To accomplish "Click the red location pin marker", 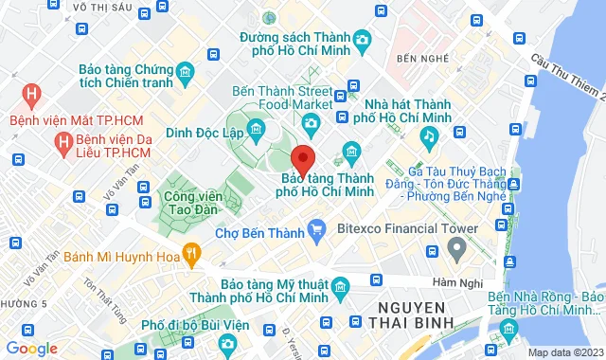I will (x=303, y=158).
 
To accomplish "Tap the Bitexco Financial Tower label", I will (x=406, y=227).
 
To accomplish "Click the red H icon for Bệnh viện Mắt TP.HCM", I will (x=32, y=95).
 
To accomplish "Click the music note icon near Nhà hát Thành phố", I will (x=428, y=136).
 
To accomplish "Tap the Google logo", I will (x=32, y=348).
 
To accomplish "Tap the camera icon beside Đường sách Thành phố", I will (x=362, y=40).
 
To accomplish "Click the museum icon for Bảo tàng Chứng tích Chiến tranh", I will (x=185, y=72).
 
